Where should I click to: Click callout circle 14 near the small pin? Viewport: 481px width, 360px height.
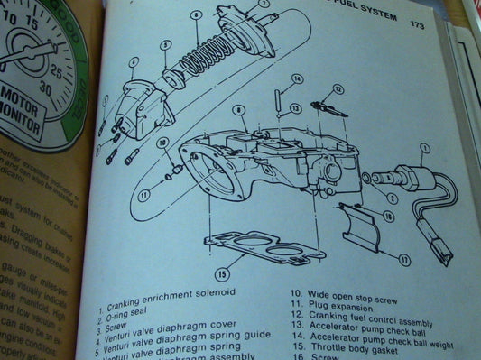(282, 80)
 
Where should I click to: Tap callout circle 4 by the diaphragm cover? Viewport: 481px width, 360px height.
(133, 62)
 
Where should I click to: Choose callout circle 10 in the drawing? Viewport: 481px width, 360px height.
(163, 143)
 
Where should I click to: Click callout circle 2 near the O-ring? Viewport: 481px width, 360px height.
(390, 196)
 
